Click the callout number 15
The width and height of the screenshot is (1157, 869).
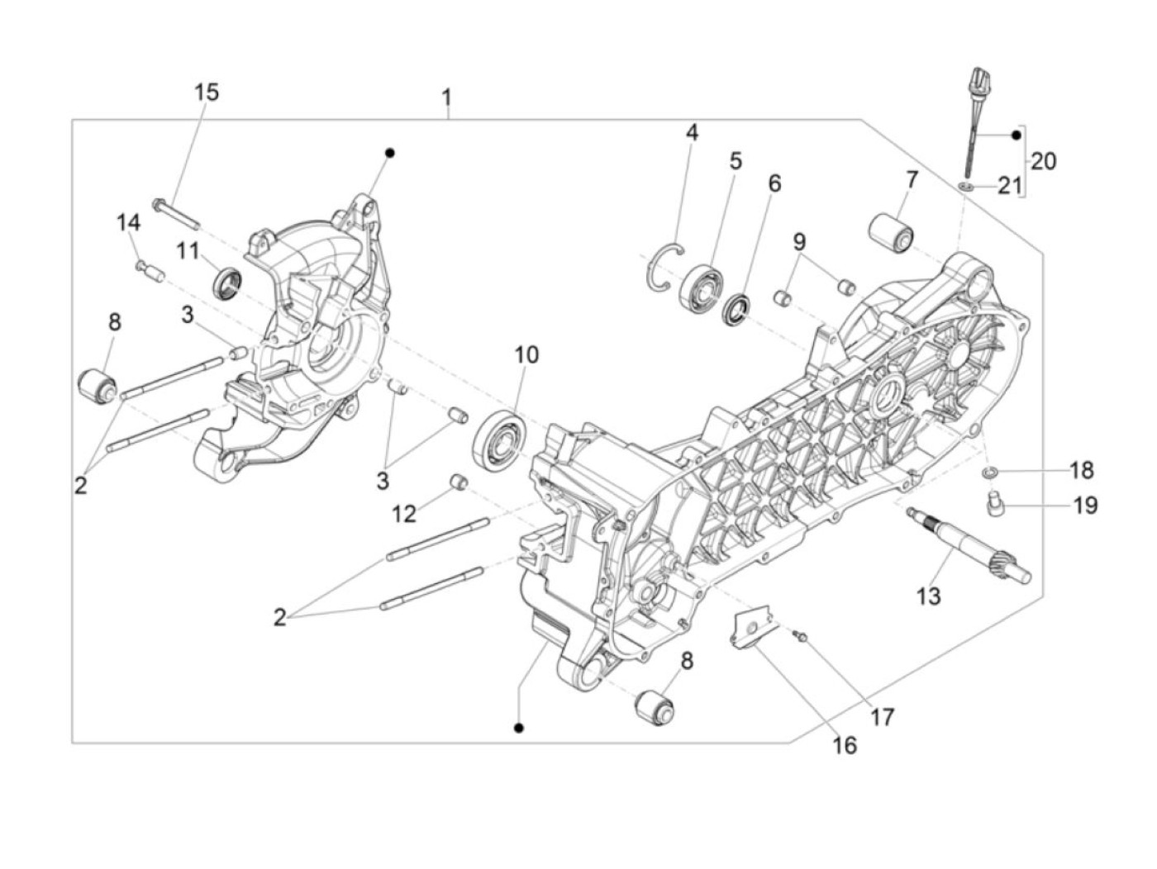[x=207, y=92]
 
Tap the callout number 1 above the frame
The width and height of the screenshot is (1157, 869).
[x=446, y=99]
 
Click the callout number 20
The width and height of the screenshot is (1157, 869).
[x=1044, y=160]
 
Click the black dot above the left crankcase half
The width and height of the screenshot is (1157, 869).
[x=390, y=153]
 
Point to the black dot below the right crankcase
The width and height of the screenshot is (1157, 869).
[x=519, y=727]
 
